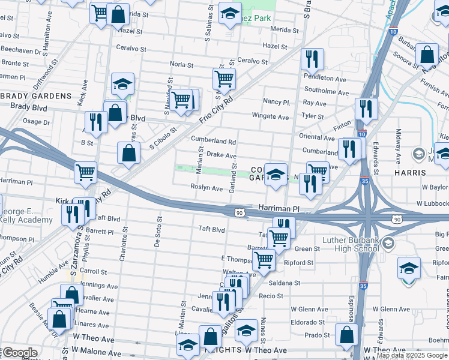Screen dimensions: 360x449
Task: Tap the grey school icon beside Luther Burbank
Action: click(388, 243)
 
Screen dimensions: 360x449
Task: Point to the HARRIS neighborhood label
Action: click(410, 173)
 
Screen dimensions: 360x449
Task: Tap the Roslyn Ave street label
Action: click(206, 188)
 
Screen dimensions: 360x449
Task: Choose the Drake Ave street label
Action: click(221, 155)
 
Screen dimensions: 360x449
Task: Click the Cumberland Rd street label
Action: click(213, 140)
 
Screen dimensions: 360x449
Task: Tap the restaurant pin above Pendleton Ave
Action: click(312, 59)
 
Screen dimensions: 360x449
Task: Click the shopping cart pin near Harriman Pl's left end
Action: click(86, 173)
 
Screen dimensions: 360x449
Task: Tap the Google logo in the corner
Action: click(19, 353)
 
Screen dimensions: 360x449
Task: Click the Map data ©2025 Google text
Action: click(411, 355)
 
